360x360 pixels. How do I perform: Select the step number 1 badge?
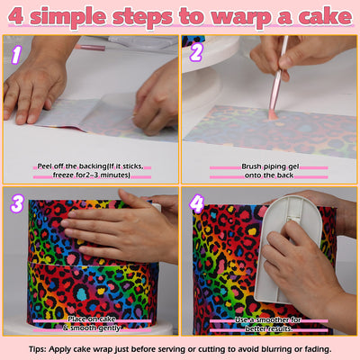click(16, 53)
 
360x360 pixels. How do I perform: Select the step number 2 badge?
click(196, 53)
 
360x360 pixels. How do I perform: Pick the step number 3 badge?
click(16, 205)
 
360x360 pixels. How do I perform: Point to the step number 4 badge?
click(197, 205)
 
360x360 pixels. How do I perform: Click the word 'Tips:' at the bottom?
click(41, 349)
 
